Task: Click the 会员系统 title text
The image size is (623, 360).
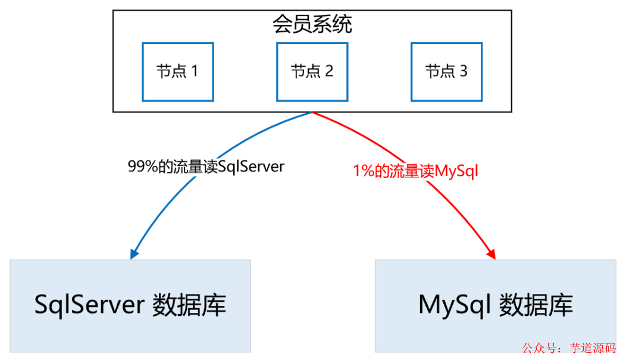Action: coord(312,24)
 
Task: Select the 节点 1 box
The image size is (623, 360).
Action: coord(177,71)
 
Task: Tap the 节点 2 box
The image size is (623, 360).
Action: coord(312,71)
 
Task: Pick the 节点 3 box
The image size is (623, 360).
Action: coord(446,71)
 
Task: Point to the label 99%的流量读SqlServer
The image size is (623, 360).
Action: coord(206,167)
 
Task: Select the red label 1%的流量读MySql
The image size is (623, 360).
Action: coord(415,172)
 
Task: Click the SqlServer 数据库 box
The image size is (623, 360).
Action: coord(130,305)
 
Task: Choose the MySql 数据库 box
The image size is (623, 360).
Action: coord(496,305)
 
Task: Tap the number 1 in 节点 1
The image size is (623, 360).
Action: coord(193,72)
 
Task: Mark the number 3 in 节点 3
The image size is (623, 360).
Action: coord(463,72)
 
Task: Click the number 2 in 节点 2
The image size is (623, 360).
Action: coord(328,72)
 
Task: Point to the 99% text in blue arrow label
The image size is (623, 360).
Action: coord(140,167)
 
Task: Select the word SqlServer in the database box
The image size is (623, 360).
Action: coord(89,305)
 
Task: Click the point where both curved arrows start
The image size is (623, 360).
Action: coord(312,112)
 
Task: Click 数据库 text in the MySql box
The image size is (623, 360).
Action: coord(536,305)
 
